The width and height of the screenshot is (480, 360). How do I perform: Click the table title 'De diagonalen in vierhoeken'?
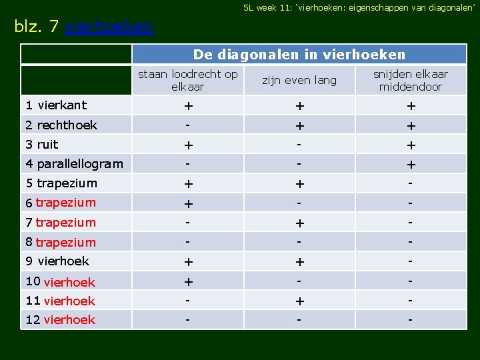299,54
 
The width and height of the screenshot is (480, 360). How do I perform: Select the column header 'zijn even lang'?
299,80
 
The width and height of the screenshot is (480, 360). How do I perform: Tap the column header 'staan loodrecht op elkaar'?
187,80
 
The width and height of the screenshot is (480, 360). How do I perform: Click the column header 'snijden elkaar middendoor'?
410,80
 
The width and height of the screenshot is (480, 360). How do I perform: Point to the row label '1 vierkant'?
56,105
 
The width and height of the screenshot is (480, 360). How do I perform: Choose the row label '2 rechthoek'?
61,125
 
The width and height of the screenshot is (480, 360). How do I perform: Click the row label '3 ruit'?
41,144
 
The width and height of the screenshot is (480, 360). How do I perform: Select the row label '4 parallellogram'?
73,164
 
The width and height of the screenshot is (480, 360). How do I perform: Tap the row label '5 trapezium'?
61,183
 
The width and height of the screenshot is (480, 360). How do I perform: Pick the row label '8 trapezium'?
61,242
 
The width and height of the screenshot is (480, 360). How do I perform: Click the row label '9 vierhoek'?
57,261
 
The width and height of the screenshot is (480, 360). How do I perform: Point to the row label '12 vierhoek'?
60,319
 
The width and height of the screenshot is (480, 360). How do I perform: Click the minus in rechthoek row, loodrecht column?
188,125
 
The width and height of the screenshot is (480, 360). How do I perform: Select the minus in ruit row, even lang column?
299,144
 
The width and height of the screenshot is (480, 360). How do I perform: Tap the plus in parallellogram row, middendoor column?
411,165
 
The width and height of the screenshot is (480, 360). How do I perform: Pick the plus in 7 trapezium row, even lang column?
299,223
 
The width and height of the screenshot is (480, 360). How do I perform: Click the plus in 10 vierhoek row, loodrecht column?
188,282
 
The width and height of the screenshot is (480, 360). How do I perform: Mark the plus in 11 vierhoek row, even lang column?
299,301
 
